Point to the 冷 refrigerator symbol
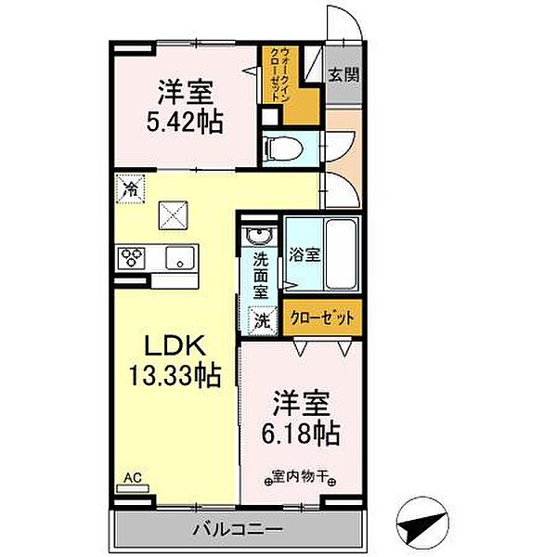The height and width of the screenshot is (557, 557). pos(128,188)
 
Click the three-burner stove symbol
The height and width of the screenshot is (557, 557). pos(132,257)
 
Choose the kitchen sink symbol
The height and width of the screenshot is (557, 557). pos(179,257)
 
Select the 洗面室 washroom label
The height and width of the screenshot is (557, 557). pos(263,277)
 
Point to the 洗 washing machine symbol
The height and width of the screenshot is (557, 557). pos(264,321)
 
